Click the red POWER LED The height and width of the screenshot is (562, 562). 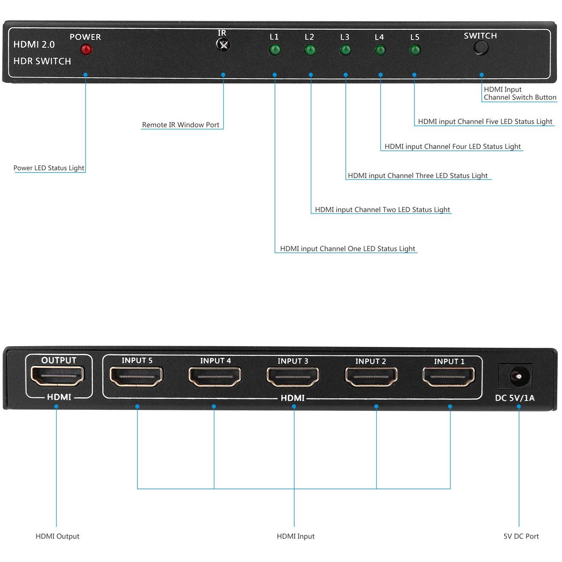pyautogui.click(x=86, y=49)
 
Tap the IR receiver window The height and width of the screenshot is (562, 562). pyautogui.click(x=223, y=45)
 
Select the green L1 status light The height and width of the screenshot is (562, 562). pyautogui.click(x=275, y=50)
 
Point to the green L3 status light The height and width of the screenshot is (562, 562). pyautogui.click(x=345, y=50)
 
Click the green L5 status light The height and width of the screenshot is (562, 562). pyautogui.click(x=415, y=50)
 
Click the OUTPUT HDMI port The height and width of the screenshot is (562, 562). pyautogui.click(x=58, y=376)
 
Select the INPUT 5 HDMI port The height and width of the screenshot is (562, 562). pyautogui.click(x=136, y=376)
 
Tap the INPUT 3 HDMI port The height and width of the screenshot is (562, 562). pyautogui.click(x=293, y=377)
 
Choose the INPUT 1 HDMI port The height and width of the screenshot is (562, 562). pyautogui.click(x=449, y=377)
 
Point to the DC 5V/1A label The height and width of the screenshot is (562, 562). pyautogui.click(x=515, y=398)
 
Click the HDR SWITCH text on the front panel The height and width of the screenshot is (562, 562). pyautogui.click(x=42, y=61)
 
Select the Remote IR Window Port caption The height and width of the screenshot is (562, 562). pyautogui.click(x=181, y=125)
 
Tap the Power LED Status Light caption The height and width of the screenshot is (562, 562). pyautogui.click(x=49, y=168)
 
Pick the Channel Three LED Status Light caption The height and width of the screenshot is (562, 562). pyautogui.click(x=417, y=176)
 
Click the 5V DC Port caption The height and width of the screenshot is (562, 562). pyautogui.click(x=521, y=536)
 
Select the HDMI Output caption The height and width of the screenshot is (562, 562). pyautogui.click(x=57, y=536)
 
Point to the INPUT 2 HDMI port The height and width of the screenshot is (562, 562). pyautogui.click(x=371, y=377)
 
